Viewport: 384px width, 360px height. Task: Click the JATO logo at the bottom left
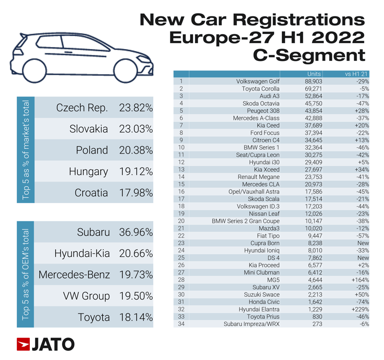click(x=45, y=344)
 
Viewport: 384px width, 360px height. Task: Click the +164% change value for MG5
click(x=360, y=280)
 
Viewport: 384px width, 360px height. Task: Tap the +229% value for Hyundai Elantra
click(x=360, y=310)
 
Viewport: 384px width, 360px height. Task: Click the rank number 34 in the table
click(x=181, y=324)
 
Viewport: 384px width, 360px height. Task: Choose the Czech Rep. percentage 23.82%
click(x=136, y=108)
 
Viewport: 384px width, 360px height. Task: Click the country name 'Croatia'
click(x=91, y=193)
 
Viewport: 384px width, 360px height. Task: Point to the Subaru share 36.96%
click(x=136, y=232)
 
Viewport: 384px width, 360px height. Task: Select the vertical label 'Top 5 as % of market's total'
click(x=26, y=150)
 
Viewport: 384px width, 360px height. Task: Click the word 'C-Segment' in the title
click(x=309, y=55)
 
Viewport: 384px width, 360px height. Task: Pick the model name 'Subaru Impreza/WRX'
click(x=252, y=324)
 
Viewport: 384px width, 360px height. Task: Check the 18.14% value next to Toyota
click(x=136, y=317)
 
